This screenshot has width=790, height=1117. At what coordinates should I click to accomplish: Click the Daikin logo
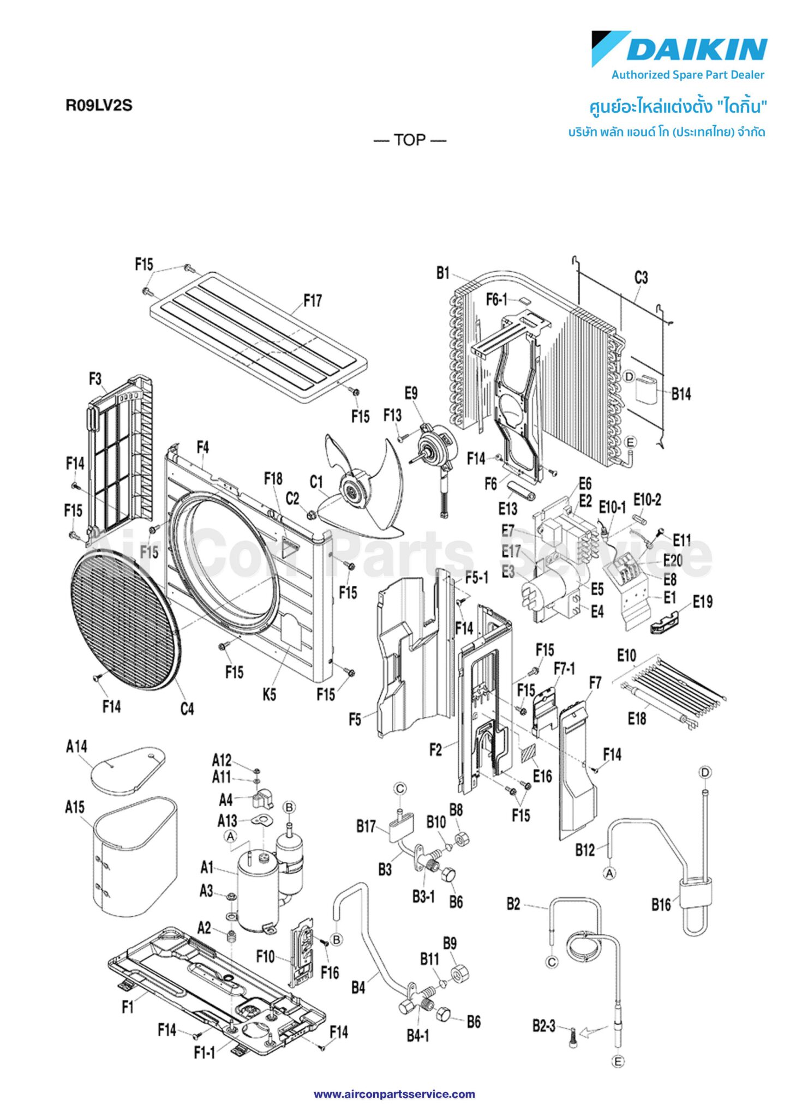(x=680, y=49)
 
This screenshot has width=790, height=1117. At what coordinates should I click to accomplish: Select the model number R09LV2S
(x=99, y=105)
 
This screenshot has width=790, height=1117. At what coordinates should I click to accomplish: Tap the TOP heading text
(x=410, y=140)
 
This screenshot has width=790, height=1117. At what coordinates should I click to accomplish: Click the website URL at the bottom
(x=394, y=1094)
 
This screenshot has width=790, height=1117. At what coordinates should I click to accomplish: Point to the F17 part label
(x=313, y=301)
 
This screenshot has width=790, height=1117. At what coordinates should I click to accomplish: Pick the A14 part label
(x=76, y=747)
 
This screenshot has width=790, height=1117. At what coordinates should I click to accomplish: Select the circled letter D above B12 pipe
(x=705, y=772)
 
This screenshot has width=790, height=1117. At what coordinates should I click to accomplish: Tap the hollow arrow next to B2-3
(x=593, y=1030)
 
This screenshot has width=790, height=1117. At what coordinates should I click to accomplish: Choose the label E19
(x=703, y=602)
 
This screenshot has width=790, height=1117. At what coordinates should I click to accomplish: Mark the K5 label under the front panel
(x=270, y=694)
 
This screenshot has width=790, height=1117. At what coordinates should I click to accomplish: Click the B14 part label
(x=681, y=394)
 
